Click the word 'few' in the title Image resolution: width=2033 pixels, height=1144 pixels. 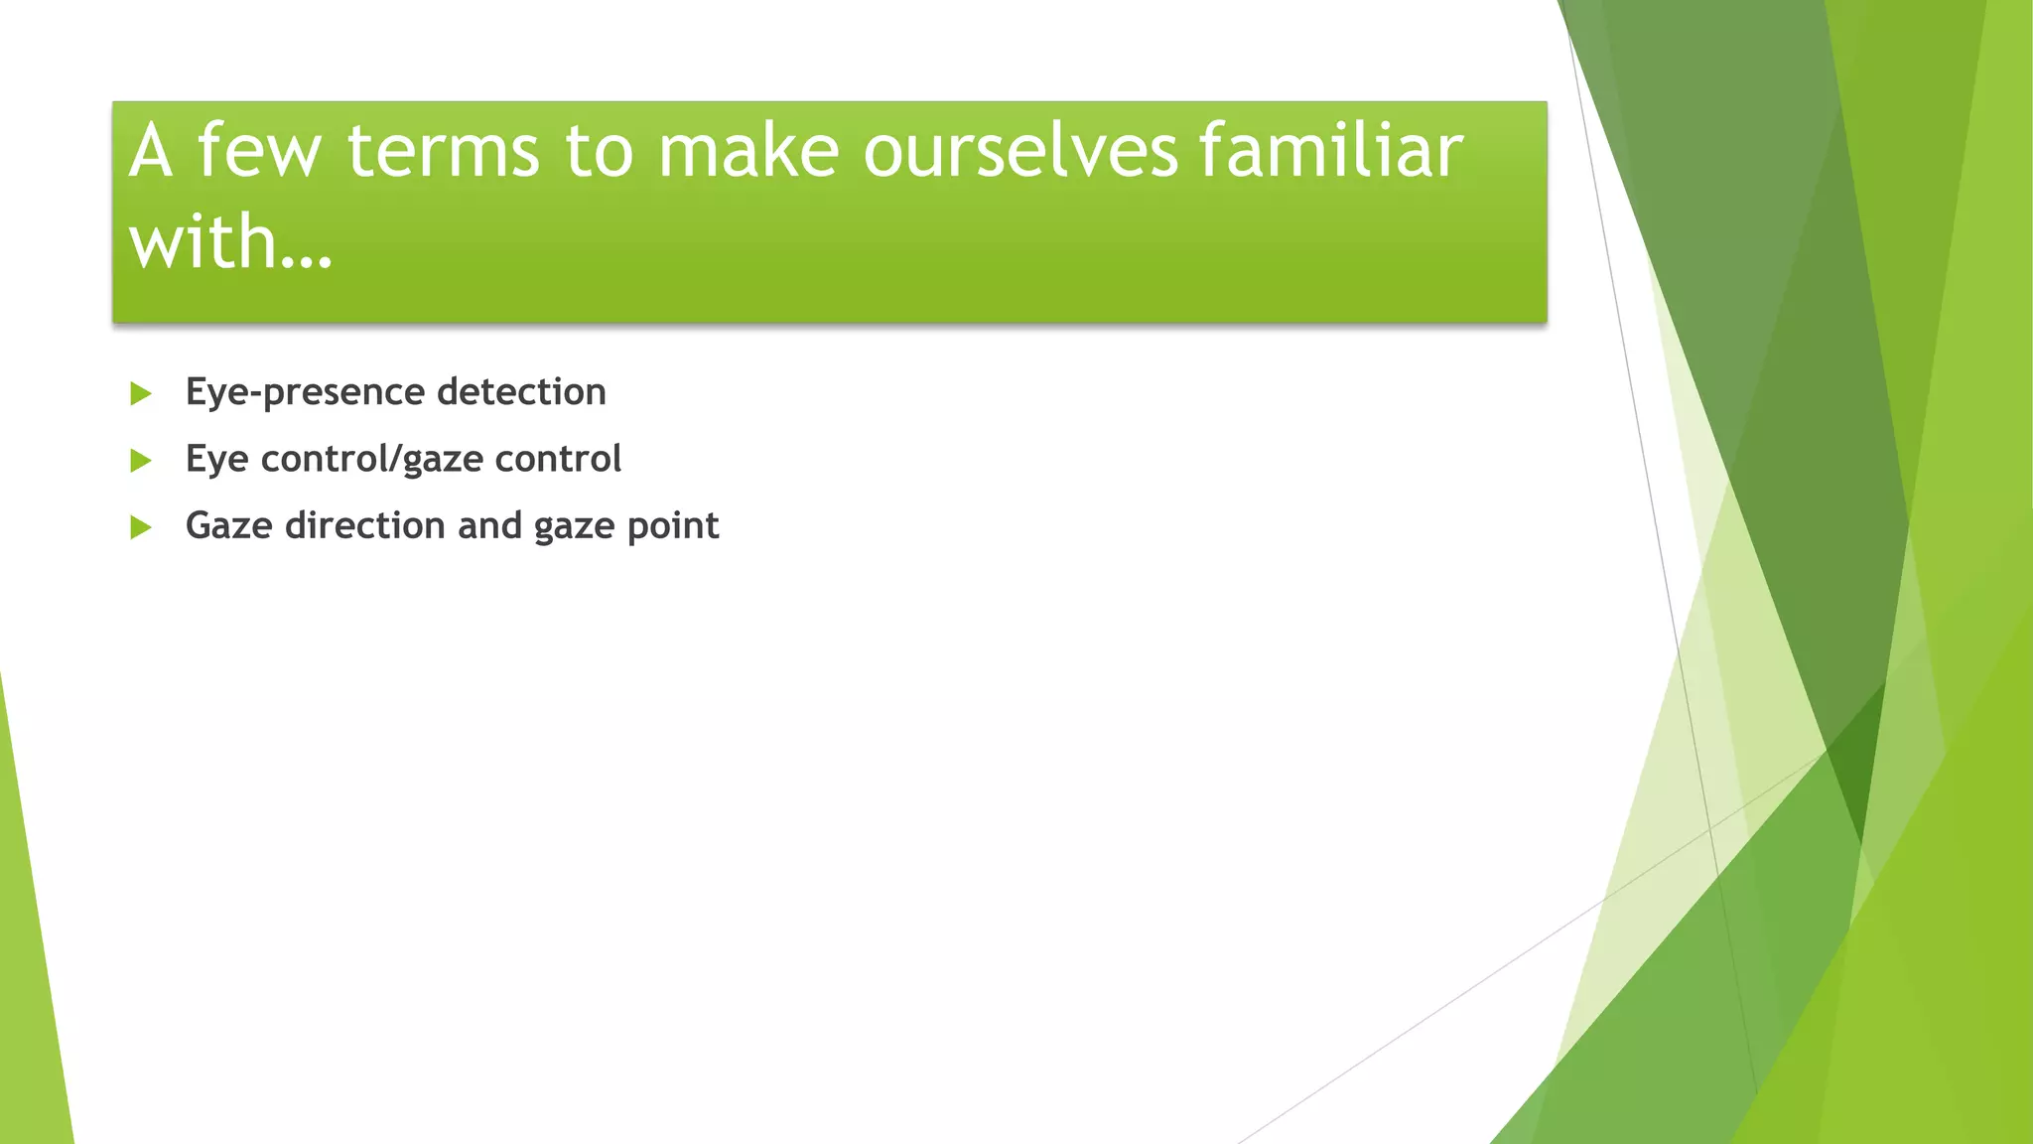[259, 151]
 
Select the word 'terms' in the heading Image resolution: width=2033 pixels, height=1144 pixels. [443, 151]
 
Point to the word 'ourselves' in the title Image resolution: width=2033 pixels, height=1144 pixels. [1021, 151]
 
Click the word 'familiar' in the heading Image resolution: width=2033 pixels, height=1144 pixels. [1330, 151]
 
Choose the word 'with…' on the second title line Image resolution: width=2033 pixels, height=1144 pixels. [230, 242]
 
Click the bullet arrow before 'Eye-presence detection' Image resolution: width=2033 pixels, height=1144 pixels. [141, 394]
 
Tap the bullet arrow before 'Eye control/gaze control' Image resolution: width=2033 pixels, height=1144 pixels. [141, 461]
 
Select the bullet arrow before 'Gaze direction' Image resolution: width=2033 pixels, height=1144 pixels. [141, 527]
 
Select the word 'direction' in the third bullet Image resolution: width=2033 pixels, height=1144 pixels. [364, 525]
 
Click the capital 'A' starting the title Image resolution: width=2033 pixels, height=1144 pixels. [150, 151]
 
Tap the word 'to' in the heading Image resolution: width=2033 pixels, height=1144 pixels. [599, 151]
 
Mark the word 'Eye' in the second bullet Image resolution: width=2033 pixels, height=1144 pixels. [216, 460]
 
